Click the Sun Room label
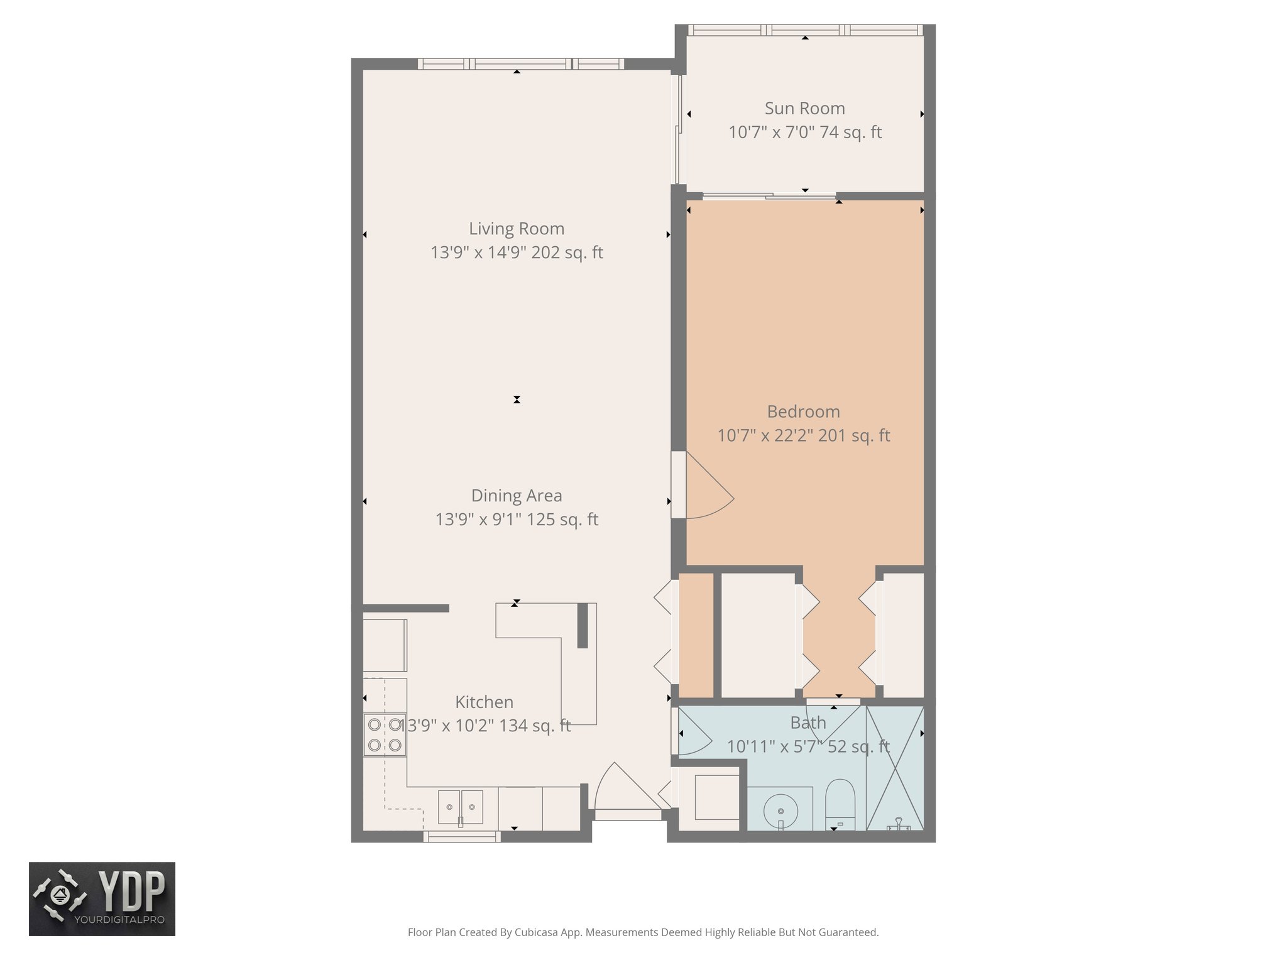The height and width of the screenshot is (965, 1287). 804,109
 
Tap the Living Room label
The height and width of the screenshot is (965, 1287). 517,229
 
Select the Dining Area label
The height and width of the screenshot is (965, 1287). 517,496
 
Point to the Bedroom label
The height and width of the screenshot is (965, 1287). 803,412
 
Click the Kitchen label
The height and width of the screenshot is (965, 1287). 484,702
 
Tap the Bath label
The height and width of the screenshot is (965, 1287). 808,723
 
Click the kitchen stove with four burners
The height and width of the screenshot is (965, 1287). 385,734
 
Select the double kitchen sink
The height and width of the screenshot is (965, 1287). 461,807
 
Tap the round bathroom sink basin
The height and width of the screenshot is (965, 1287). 780,811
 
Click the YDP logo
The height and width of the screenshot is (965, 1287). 102,898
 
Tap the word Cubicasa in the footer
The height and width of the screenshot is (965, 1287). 538,932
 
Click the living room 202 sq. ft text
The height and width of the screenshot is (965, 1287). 567,253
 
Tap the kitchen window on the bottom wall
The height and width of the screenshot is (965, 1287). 461,836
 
